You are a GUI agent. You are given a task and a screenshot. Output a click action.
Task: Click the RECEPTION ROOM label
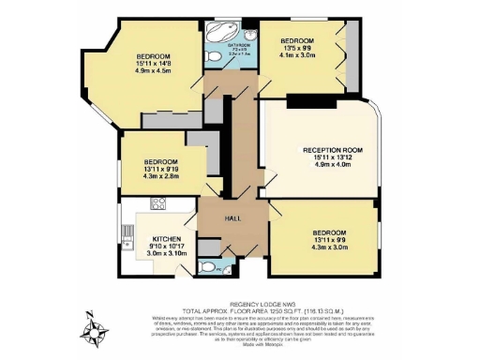pos(332,150)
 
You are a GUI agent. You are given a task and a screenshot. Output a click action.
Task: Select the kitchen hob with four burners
pos(157,204)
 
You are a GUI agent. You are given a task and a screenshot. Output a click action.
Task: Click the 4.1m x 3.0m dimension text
pos(299,54)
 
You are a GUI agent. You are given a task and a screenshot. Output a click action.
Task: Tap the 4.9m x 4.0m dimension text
pos(332,166)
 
